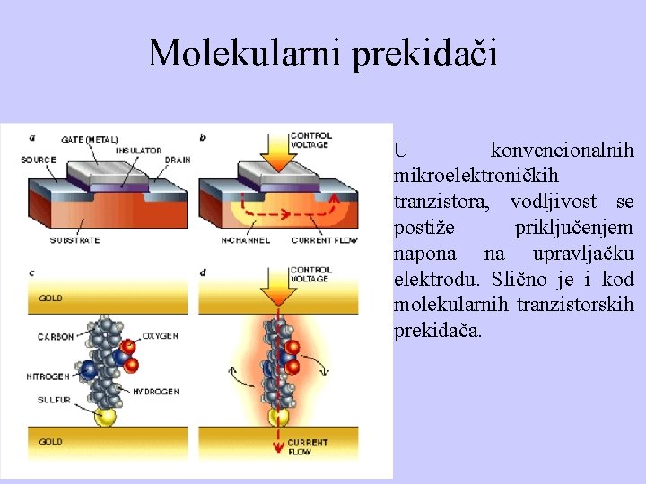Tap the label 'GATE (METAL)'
point(89,139)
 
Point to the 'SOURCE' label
point(39,160)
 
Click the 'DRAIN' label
point(178,160)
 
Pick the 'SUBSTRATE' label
point(75,240)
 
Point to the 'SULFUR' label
point(54,400)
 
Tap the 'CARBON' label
point(56,338)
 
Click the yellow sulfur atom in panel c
point(107,416)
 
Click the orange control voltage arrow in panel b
point(274,152)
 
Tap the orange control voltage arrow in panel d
point(273,284)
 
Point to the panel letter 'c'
point(32,272)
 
